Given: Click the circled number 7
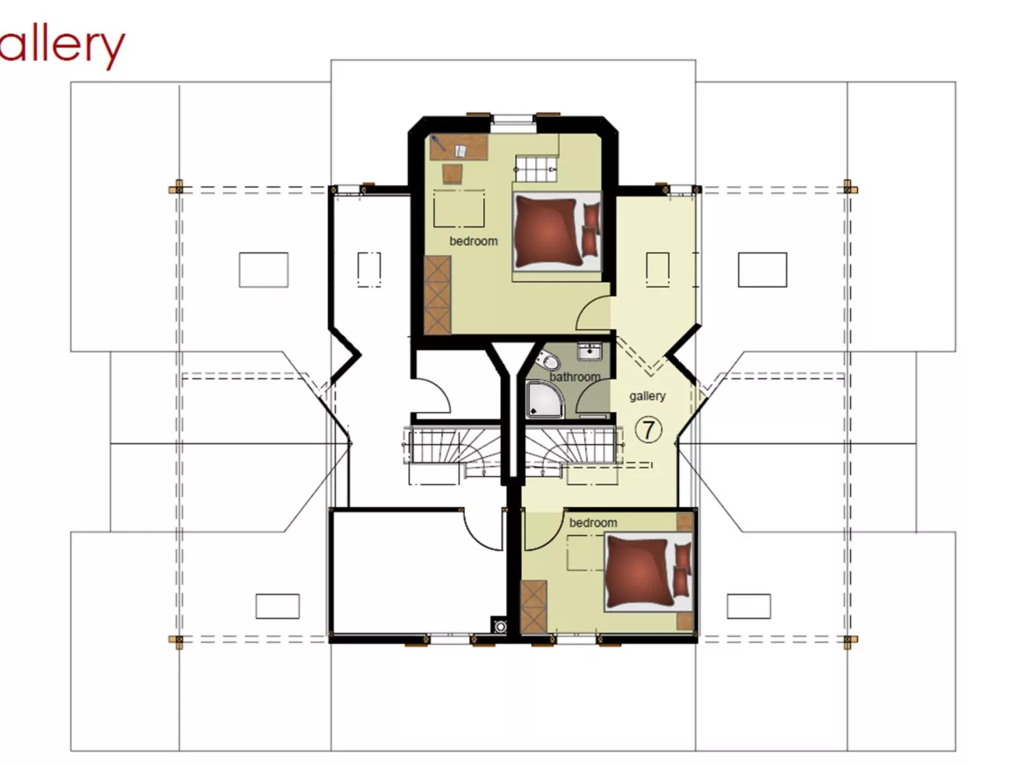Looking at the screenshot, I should (x=648, y=430).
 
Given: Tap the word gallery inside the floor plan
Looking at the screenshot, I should (x=647, y=396).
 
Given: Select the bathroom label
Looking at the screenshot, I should (x=574, y=377).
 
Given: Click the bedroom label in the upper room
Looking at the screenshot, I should (x=473, y=241).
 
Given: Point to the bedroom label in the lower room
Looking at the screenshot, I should (x=593, y=523).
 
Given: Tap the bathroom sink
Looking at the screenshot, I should (x=589, y=351).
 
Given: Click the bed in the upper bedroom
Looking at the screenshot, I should (x=555, y=232).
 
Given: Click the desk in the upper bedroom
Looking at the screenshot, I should (x=458, y=147).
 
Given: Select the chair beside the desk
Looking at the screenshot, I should (x=453, y=173).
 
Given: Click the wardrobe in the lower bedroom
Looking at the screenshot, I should (x=533, y=606).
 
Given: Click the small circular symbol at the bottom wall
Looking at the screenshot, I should (x=501, y=627).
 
